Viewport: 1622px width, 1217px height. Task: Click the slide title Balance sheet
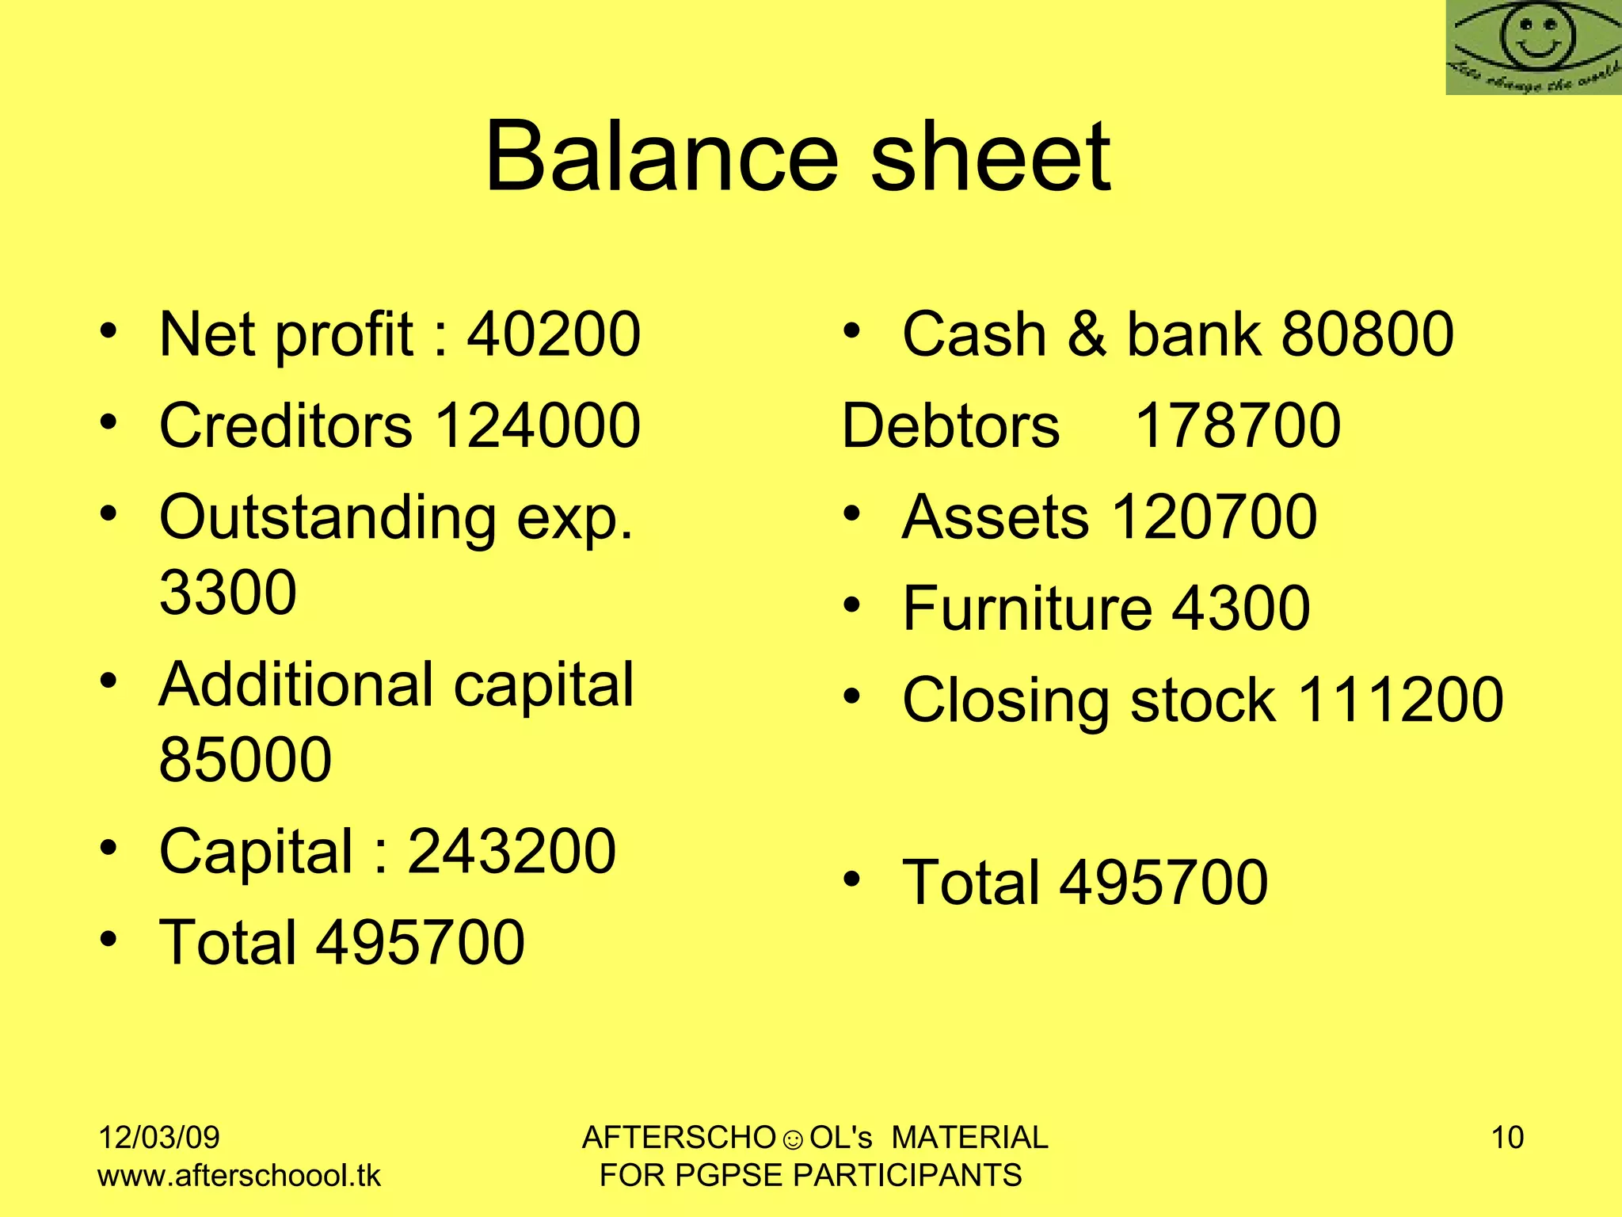click(798, 156)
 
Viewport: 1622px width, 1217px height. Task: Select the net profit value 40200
click(553, 334)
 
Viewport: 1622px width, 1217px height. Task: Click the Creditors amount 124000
click(538, 425)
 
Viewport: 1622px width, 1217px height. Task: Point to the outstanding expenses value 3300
click(228, 592)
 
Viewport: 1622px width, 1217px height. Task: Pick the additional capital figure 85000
click(246, 759)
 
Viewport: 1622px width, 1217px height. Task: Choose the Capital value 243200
click(512, 851)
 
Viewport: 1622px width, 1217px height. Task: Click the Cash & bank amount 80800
click(1368, 334)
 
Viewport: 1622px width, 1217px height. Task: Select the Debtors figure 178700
click(1238, 425)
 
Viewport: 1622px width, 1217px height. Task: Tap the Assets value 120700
click(1214, 517)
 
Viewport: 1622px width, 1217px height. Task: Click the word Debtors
click(950, 425)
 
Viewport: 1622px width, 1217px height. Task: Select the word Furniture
click(1027, 608)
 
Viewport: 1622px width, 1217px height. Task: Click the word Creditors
click(286, 425)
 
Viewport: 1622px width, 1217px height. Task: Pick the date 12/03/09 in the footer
click(158, 1137)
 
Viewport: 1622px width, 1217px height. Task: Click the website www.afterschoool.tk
click(238, 1175)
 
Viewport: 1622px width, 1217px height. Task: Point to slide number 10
click(1507, 1137)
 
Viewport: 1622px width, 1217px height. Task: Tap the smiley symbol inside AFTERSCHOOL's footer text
click(792, 1140)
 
